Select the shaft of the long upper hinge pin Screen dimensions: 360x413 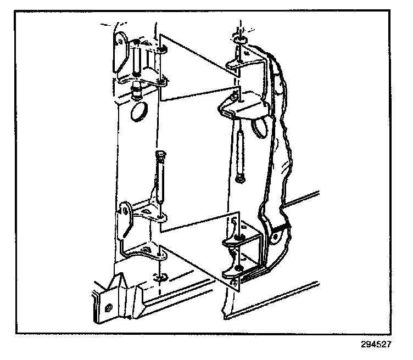240,148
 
